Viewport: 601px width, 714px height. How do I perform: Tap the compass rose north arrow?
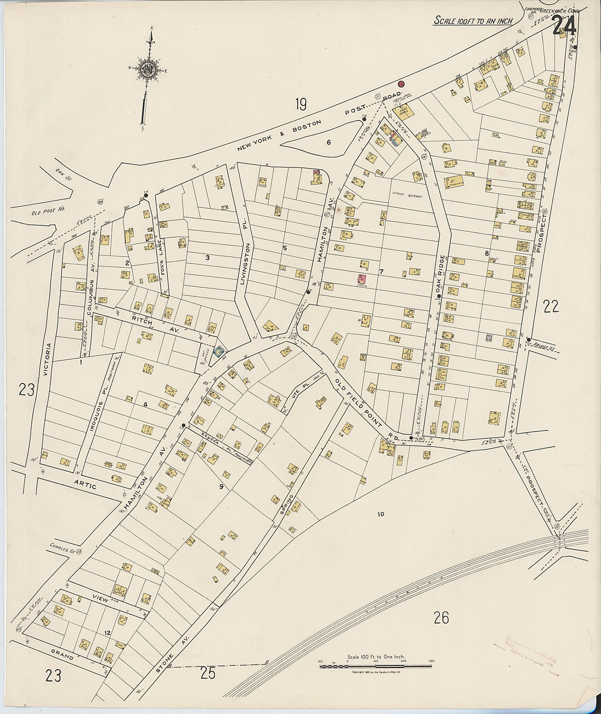coord(148,69)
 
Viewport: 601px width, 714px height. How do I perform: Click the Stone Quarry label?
coord(404,193)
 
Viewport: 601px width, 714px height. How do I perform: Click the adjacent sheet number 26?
coord(441,618)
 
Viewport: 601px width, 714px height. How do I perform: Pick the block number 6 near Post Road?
coord(328,142)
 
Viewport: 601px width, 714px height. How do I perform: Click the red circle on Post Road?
coord(400,84)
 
